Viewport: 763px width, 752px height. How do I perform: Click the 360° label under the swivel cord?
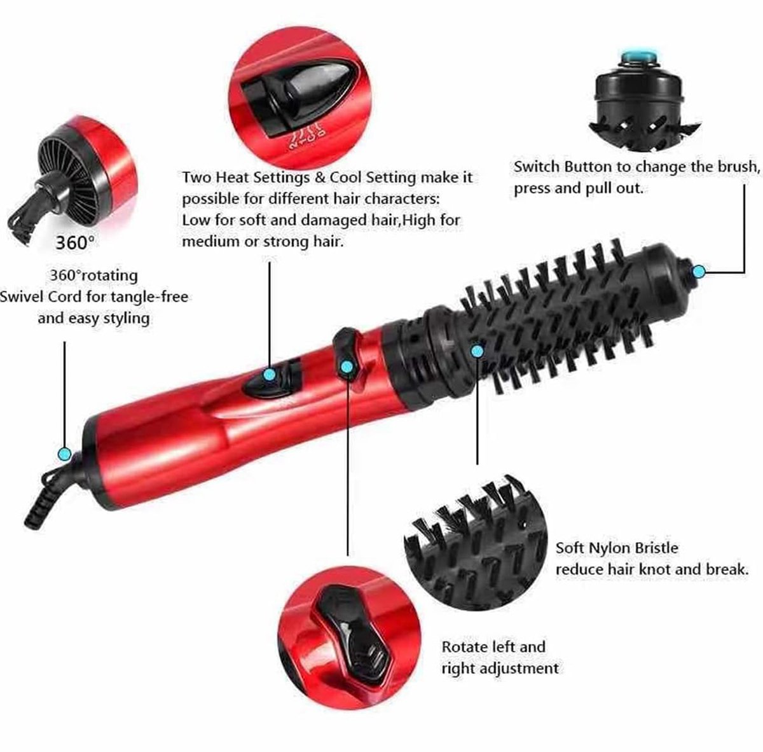(74, 243)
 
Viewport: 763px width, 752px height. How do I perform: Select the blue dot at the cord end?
(64, 454)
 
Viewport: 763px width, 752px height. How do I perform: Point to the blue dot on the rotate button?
(347, 366)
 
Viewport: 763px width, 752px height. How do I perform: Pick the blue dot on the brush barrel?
(478, 349)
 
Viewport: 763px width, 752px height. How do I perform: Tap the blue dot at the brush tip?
(699, 272)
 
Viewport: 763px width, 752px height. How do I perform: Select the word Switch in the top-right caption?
(535, 167)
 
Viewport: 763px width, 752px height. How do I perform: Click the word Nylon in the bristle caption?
(611, 548)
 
